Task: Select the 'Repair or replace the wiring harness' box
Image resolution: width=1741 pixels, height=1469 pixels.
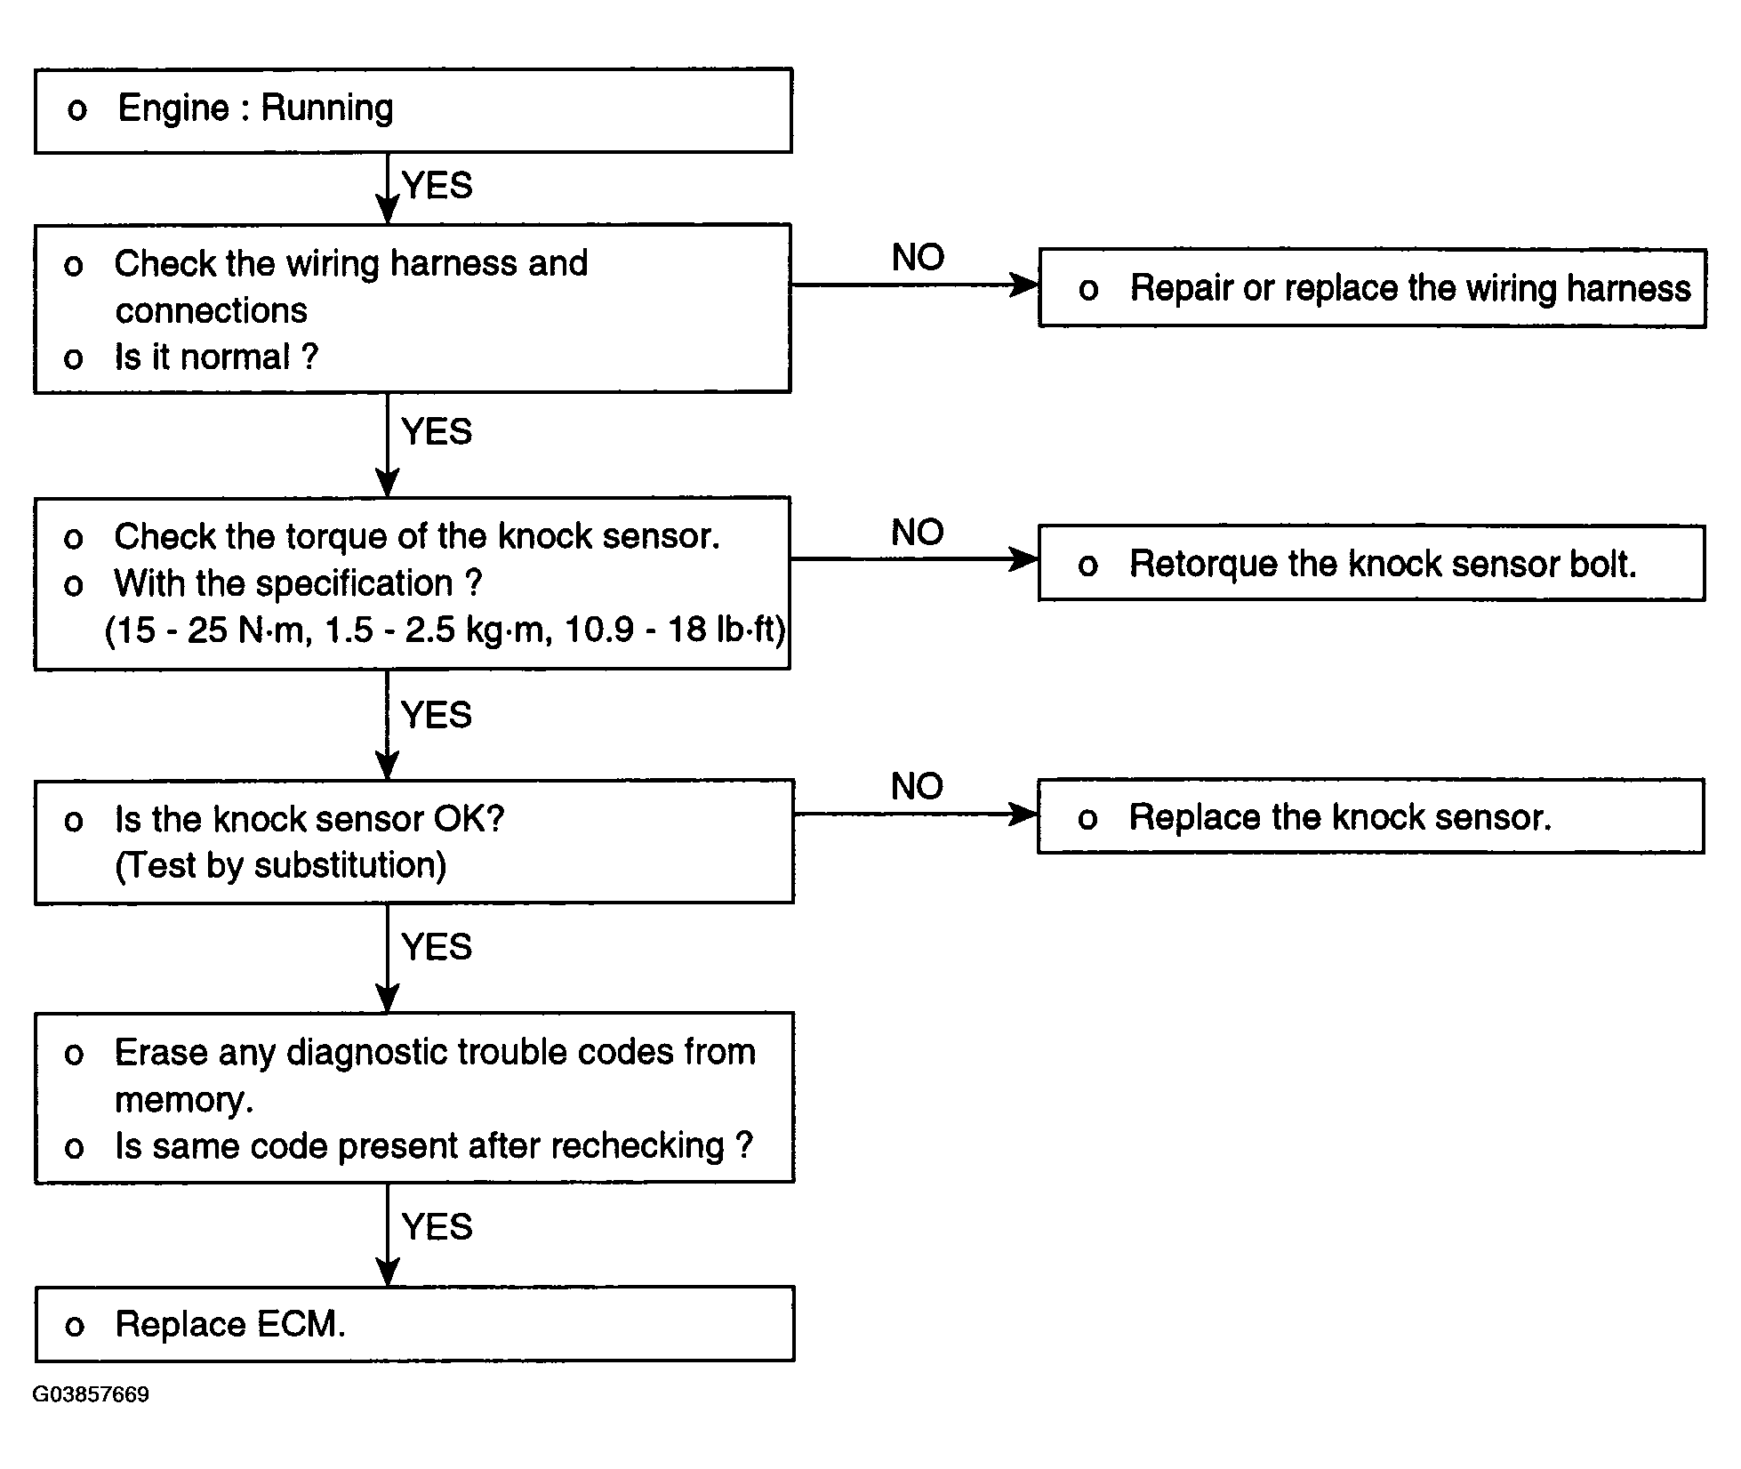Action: tap(1372, 288)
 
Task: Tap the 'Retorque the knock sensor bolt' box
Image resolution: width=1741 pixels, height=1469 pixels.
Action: tap(1371, 563)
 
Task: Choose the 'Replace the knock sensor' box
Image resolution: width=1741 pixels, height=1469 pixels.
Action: tap(1370, 816)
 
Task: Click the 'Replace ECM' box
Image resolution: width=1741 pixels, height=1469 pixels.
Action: tap(414, 1323)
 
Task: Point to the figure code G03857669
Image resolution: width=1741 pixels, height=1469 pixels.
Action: tap(91, 1393)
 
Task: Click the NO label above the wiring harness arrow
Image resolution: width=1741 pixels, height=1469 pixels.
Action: tap(918, 258)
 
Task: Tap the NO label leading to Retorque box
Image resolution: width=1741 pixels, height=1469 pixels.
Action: tap(918, 532)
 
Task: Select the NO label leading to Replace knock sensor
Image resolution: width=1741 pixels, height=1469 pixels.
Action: tap(918, 786)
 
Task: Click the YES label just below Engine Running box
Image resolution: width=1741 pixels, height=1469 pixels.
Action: tap(437, 186)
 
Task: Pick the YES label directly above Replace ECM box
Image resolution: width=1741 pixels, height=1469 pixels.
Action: tap(437, 1226)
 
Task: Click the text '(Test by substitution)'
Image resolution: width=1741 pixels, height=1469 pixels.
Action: tap(281, 865)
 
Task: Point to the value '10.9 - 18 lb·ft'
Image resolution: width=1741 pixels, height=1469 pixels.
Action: tap(675, 630)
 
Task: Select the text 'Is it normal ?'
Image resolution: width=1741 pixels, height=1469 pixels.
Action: tap(216, 357)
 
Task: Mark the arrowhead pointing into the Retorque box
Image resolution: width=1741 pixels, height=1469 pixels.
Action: tap(1025, 559)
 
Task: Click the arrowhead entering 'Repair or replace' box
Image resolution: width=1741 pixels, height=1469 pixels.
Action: tap(1025, 285)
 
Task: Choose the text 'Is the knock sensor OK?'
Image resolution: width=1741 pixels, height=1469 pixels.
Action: tap(309, 819)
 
